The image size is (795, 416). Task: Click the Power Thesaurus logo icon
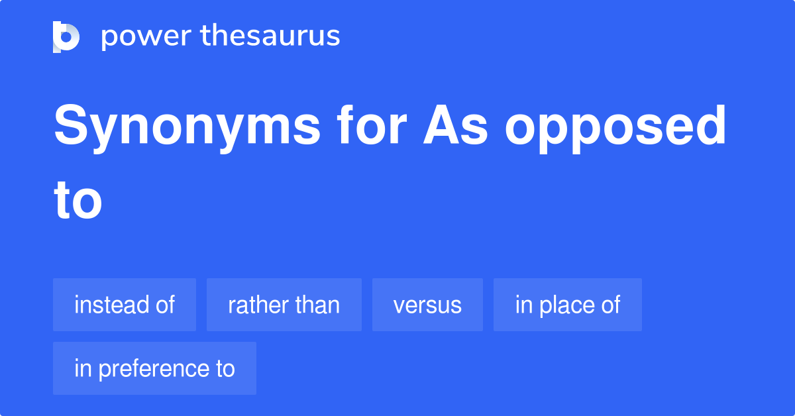coord(66,36)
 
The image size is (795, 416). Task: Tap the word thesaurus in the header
coord(270,36)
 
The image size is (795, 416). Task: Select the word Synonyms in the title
coord(186,128)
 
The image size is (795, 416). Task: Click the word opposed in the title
coord(615,129)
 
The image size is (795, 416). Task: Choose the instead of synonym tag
coord(125,305)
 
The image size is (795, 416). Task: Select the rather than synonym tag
coord(284,305)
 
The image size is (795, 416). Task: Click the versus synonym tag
coord(427,305)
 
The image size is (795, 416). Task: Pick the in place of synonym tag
coord(567,305)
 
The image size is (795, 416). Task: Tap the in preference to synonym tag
coord(154,368)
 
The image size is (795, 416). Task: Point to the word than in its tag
coord(318,305)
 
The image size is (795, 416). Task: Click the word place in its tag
coord(567,305)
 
